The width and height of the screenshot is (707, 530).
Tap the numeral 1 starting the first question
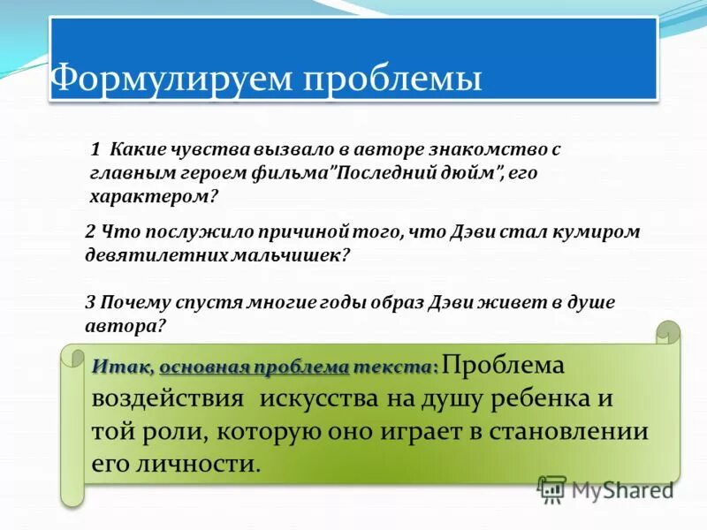coord(95,150)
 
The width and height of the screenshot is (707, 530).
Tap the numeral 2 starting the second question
coord(90,231)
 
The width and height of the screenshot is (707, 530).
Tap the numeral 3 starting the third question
coord(90,302)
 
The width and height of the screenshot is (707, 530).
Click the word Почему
coord(133,302)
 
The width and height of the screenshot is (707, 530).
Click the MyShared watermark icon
coord(552,488)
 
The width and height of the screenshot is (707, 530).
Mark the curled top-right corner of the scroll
coord(668,332)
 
